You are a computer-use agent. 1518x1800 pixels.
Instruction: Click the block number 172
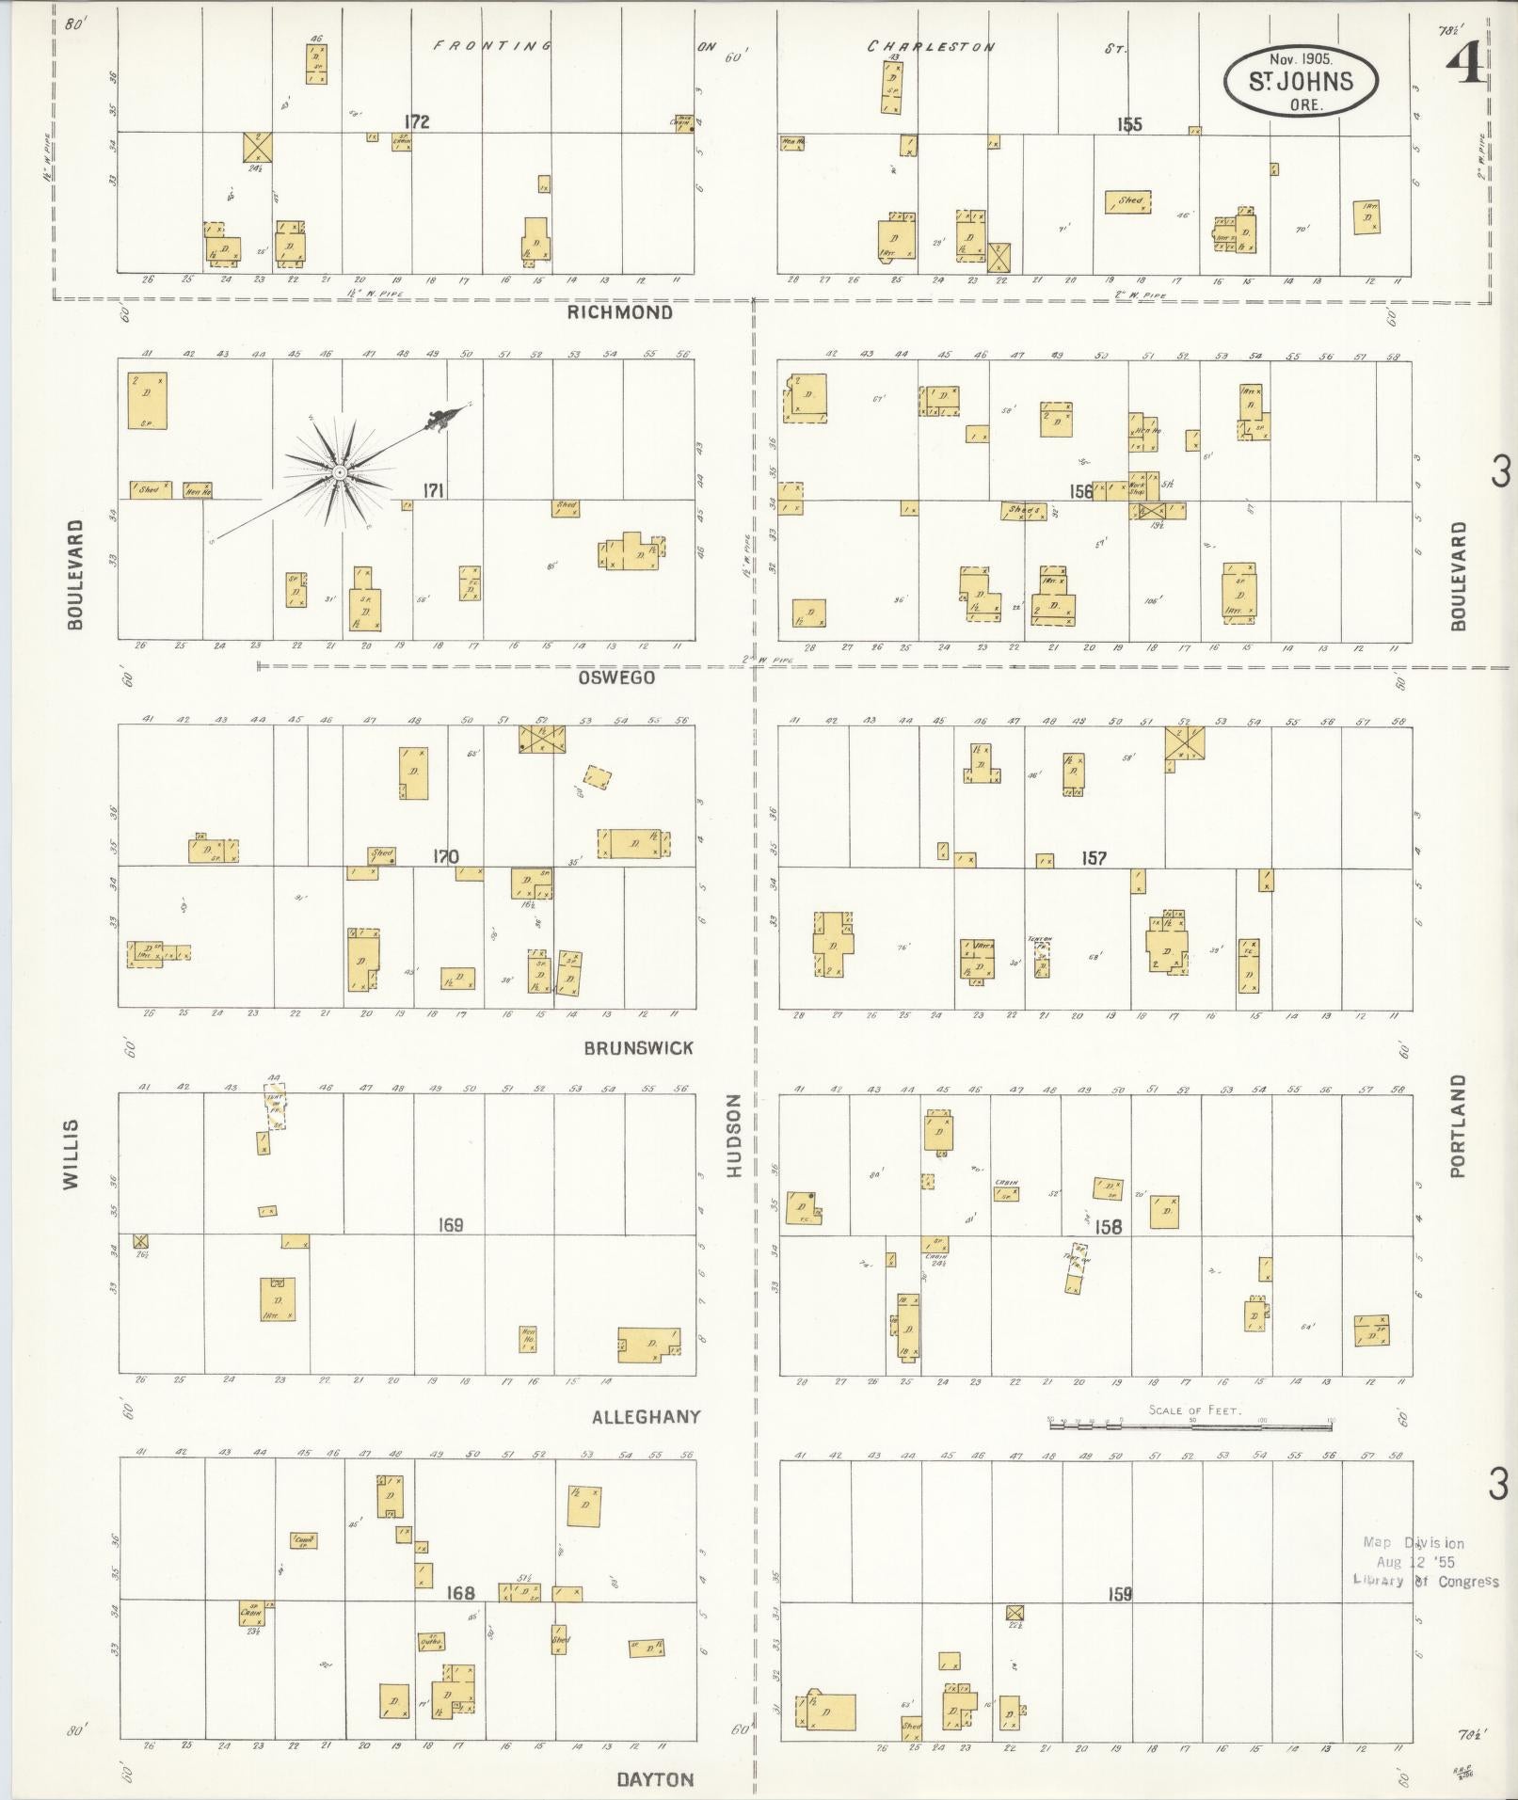[416, 121]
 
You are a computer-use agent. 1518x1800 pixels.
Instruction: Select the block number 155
[1128, 124]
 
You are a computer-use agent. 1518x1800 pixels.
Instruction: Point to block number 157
[1094, 857]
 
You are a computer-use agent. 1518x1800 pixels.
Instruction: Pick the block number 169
[451, 1225]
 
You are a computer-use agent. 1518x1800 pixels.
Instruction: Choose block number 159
[1119, 1594]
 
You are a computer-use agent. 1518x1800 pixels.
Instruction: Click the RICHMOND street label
[619, 312]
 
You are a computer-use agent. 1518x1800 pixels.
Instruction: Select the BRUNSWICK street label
[638, 1047]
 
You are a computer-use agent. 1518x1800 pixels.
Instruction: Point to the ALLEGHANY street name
[646, 1416]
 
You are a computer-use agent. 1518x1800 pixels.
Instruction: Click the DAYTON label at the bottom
[655, 1779]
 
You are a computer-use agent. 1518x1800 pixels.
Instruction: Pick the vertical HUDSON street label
[735, 1135]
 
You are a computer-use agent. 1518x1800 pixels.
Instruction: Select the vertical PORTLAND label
[1458, 1126]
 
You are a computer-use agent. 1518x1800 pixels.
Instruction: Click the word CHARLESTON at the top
[930, 46]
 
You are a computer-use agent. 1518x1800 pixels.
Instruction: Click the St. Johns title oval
[1301, 82]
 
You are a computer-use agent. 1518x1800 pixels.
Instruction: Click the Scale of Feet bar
[1190, 1426]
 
